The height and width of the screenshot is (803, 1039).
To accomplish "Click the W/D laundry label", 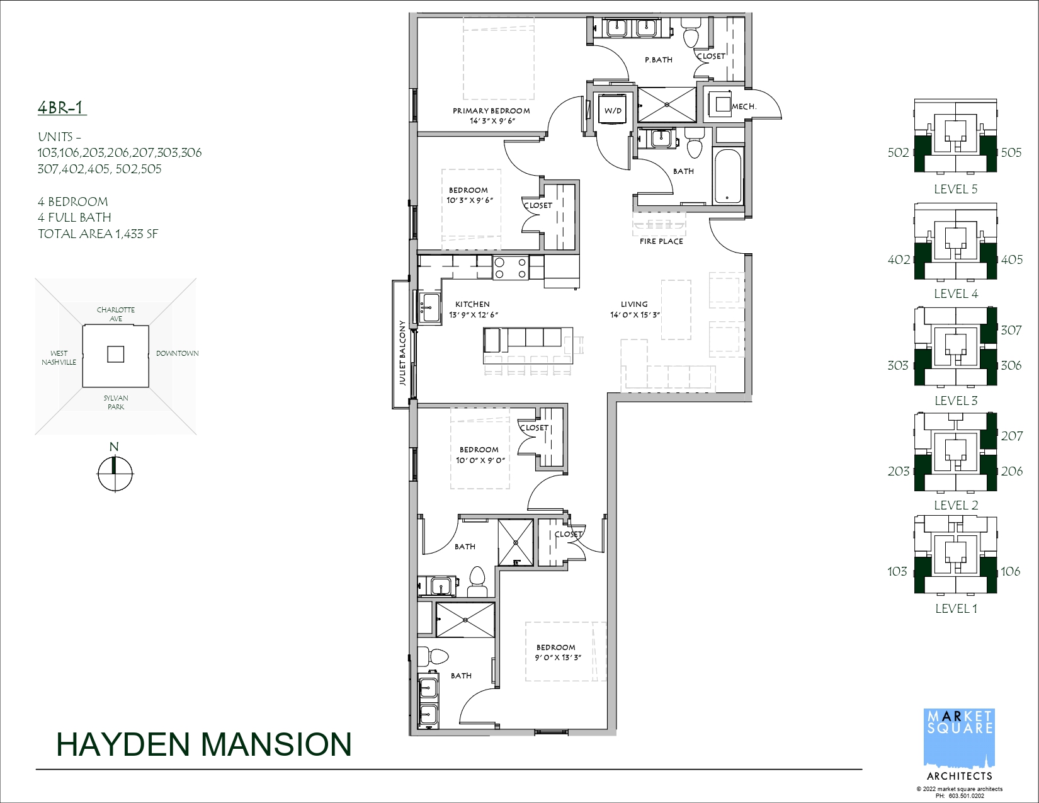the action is click(613, 110).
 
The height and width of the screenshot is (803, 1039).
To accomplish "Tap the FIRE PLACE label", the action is click(661, 241).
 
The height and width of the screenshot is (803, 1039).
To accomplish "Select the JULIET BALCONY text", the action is click(402, 353).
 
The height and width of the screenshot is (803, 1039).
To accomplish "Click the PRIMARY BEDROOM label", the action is click(491, 110).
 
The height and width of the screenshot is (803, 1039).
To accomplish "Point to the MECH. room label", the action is click(744, 106).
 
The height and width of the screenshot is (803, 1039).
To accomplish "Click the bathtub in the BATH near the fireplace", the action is click(727, 176).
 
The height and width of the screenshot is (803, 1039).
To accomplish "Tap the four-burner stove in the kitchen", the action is click(510, 268).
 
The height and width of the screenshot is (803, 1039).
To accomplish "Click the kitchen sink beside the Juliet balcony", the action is click(430, 307).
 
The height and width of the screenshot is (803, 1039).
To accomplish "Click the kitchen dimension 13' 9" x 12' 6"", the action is click(474, 315).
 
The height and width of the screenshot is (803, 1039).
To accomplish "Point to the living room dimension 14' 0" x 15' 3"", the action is click(635, 315).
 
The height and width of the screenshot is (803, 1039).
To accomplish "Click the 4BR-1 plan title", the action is click(62, 108).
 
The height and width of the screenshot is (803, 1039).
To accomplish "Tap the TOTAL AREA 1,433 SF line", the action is click(98, 234).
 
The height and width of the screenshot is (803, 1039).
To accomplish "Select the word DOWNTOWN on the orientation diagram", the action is click(178, 353).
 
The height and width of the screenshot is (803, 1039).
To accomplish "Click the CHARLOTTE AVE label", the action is click(116, 314).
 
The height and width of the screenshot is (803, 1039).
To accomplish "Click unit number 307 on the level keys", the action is click(1011, 330).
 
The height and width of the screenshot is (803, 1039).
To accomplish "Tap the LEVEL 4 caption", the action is click(956, 293).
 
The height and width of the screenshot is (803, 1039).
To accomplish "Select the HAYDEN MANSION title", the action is click(204, 744).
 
